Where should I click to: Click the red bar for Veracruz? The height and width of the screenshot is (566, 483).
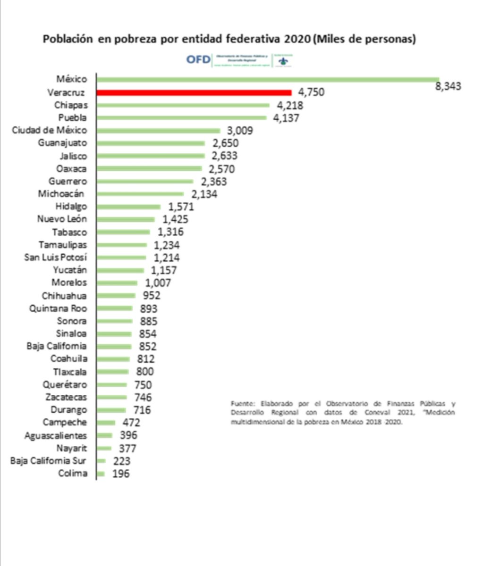[194, 92]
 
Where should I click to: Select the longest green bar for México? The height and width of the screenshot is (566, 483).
[268, 80]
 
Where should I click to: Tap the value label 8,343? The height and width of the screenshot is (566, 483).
[448, 86]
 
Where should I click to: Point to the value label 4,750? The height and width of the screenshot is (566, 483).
[311, 92]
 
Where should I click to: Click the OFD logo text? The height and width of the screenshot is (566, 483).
[198, 60]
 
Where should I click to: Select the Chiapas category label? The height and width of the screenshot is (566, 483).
[71, 105]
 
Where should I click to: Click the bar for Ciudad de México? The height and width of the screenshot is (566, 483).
[158, 131]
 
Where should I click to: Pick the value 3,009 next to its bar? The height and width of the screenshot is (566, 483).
[239, 131]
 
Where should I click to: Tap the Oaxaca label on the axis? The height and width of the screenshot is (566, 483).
[71, 169]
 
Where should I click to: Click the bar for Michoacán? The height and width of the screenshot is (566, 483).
[140, 194]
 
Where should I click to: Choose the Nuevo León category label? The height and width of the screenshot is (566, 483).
[62, 219]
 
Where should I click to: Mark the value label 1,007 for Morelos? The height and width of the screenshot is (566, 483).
[158, 283]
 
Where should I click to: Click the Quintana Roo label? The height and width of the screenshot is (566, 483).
[58, 308]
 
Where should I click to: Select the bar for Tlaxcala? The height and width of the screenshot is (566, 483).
[112, 372]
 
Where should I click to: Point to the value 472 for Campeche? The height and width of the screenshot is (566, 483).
[129, 423]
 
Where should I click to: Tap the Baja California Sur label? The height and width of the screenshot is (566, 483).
[48, 461]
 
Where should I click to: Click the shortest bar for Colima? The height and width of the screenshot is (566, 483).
[101, 474]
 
